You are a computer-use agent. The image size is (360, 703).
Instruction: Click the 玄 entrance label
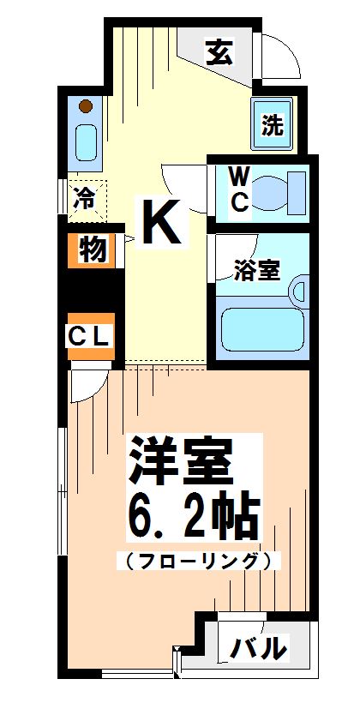pyautogui.click(x=219, y=54)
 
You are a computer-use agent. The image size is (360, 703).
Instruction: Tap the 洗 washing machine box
pyautogui.click(x=272, y=125)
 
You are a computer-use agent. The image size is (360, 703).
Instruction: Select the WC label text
pyautogui.click(x=239, y=189)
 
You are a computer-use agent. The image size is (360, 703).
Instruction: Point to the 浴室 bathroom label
pyautogui.click(x=257, y=270)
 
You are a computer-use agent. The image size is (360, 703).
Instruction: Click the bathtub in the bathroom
pyautogui.click(x=261, y=331)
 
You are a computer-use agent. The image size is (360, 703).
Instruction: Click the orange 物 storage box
pyautogui.click(x=93, y=250)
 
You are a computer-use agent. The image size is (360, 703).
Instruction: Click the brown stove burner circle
pyautogui.click(x=85, y=107)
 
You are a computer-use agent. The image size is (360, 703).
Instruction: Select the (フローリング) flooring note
pyautogui.click(x=199, y=562)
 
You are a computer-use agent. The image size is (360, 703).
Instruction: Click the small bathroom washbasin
pyautogui.click(x=299, y=290)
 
